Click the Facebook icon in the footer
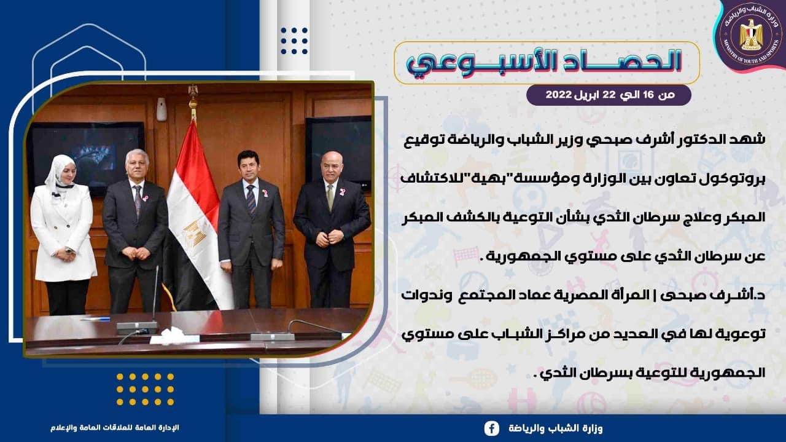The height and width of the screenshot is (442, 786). click(x=492, y=428)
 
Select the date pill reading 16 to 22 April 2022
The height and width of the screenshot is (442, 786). click(x=609, y=95)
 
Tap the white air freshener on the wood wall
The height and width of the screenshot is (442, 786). click(x=161, y=109)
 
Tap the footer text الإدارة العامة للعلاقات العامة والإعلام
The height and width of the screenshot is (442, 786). click(x=115, y=428)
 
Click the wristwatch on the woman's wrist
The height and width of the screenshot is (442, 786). click(x=69, y=251)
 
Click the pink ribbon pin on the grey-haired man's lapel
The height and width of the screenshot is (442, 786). click(x=145, y=199)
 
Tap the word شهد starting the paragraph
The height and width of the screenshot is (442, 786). click(x=752, y=139)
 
